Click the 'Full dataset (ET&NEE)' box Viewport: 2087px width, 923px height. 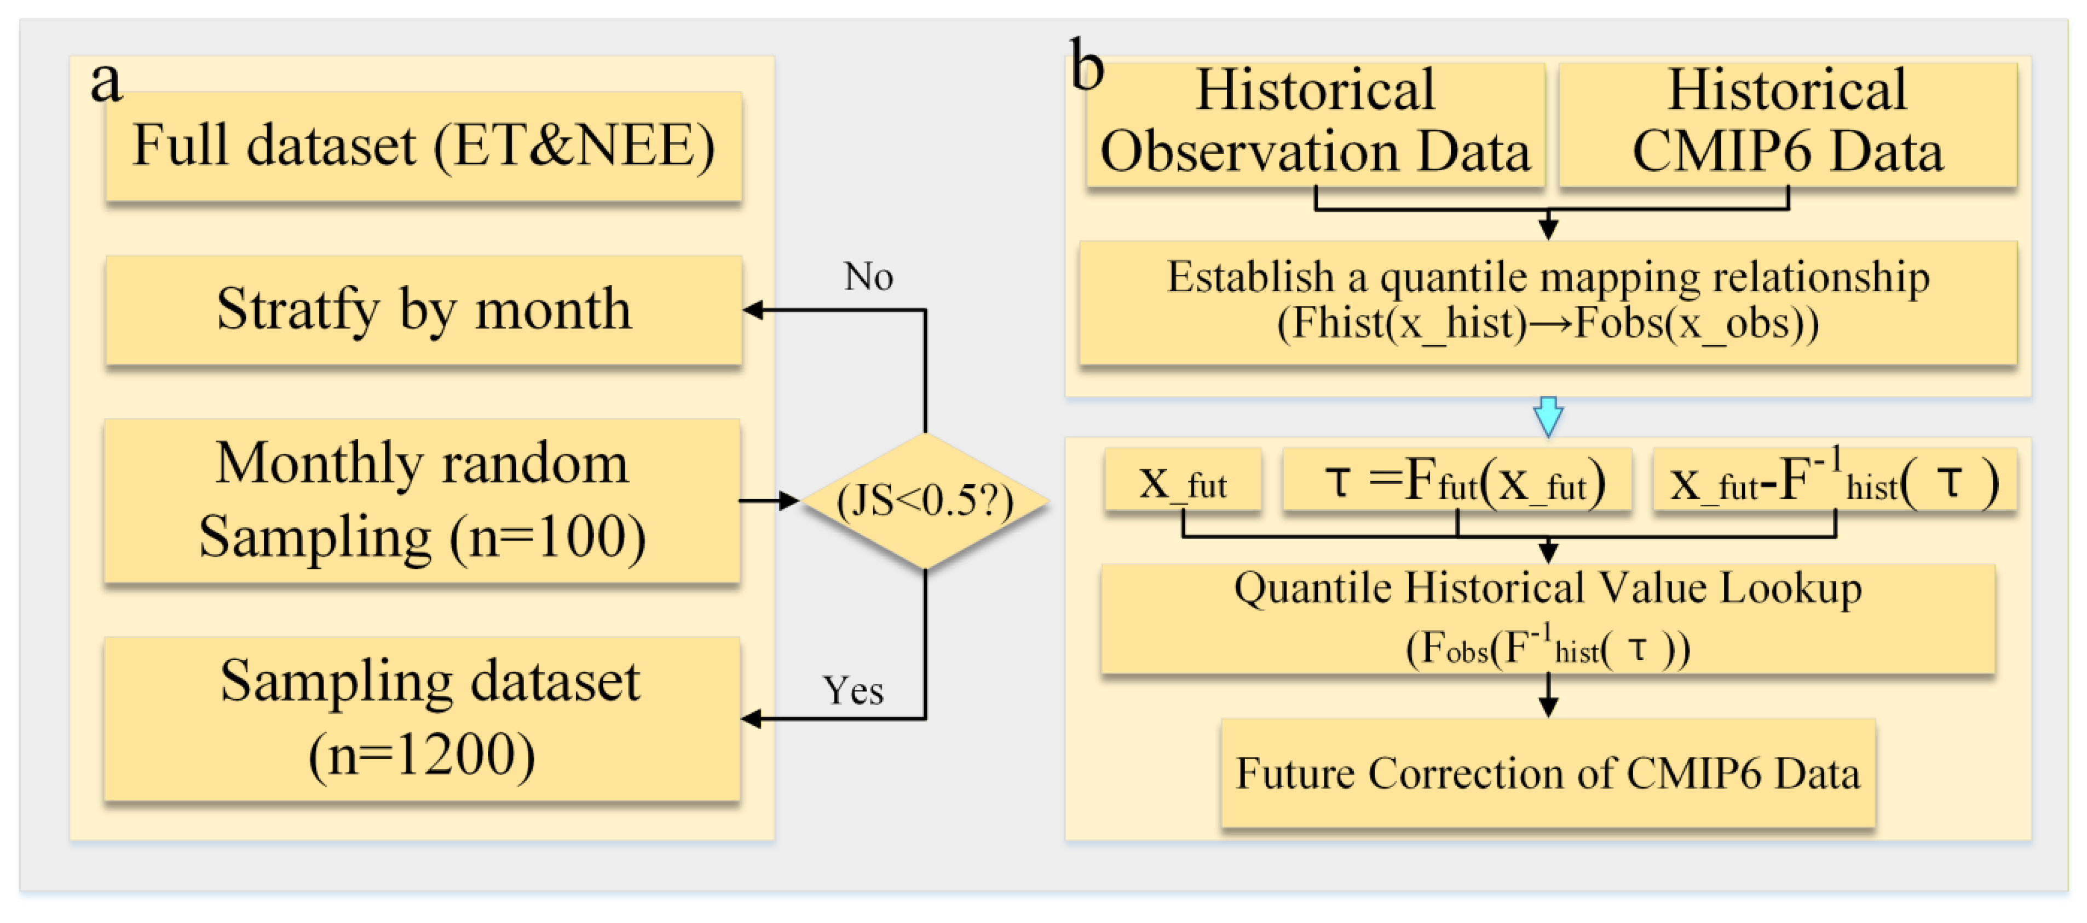423,146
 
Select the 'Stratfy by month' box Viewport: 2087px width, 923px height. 423,309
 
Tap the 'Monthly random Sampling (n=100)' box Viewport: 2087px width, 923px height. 422,500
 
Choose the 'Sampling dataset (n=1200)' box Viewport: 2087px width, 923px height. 422,718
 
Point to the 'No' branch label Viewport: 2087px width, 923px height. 868,277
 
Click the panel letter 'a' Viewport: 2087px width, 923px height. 106,81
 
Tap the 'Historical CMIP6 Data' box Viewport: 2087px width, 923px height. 1786,123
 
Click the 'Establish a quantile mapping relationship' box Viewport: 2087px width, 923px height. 1547,302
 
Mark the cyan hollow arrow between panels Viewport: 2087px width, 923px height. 1547,416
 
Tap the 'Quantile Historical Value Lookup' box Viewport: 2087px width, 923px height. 1547,618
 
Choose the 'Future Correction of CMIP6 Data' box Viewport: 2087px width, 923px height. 1547,772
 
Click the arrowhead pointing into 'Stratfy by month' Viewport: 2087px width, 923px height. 753,309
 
